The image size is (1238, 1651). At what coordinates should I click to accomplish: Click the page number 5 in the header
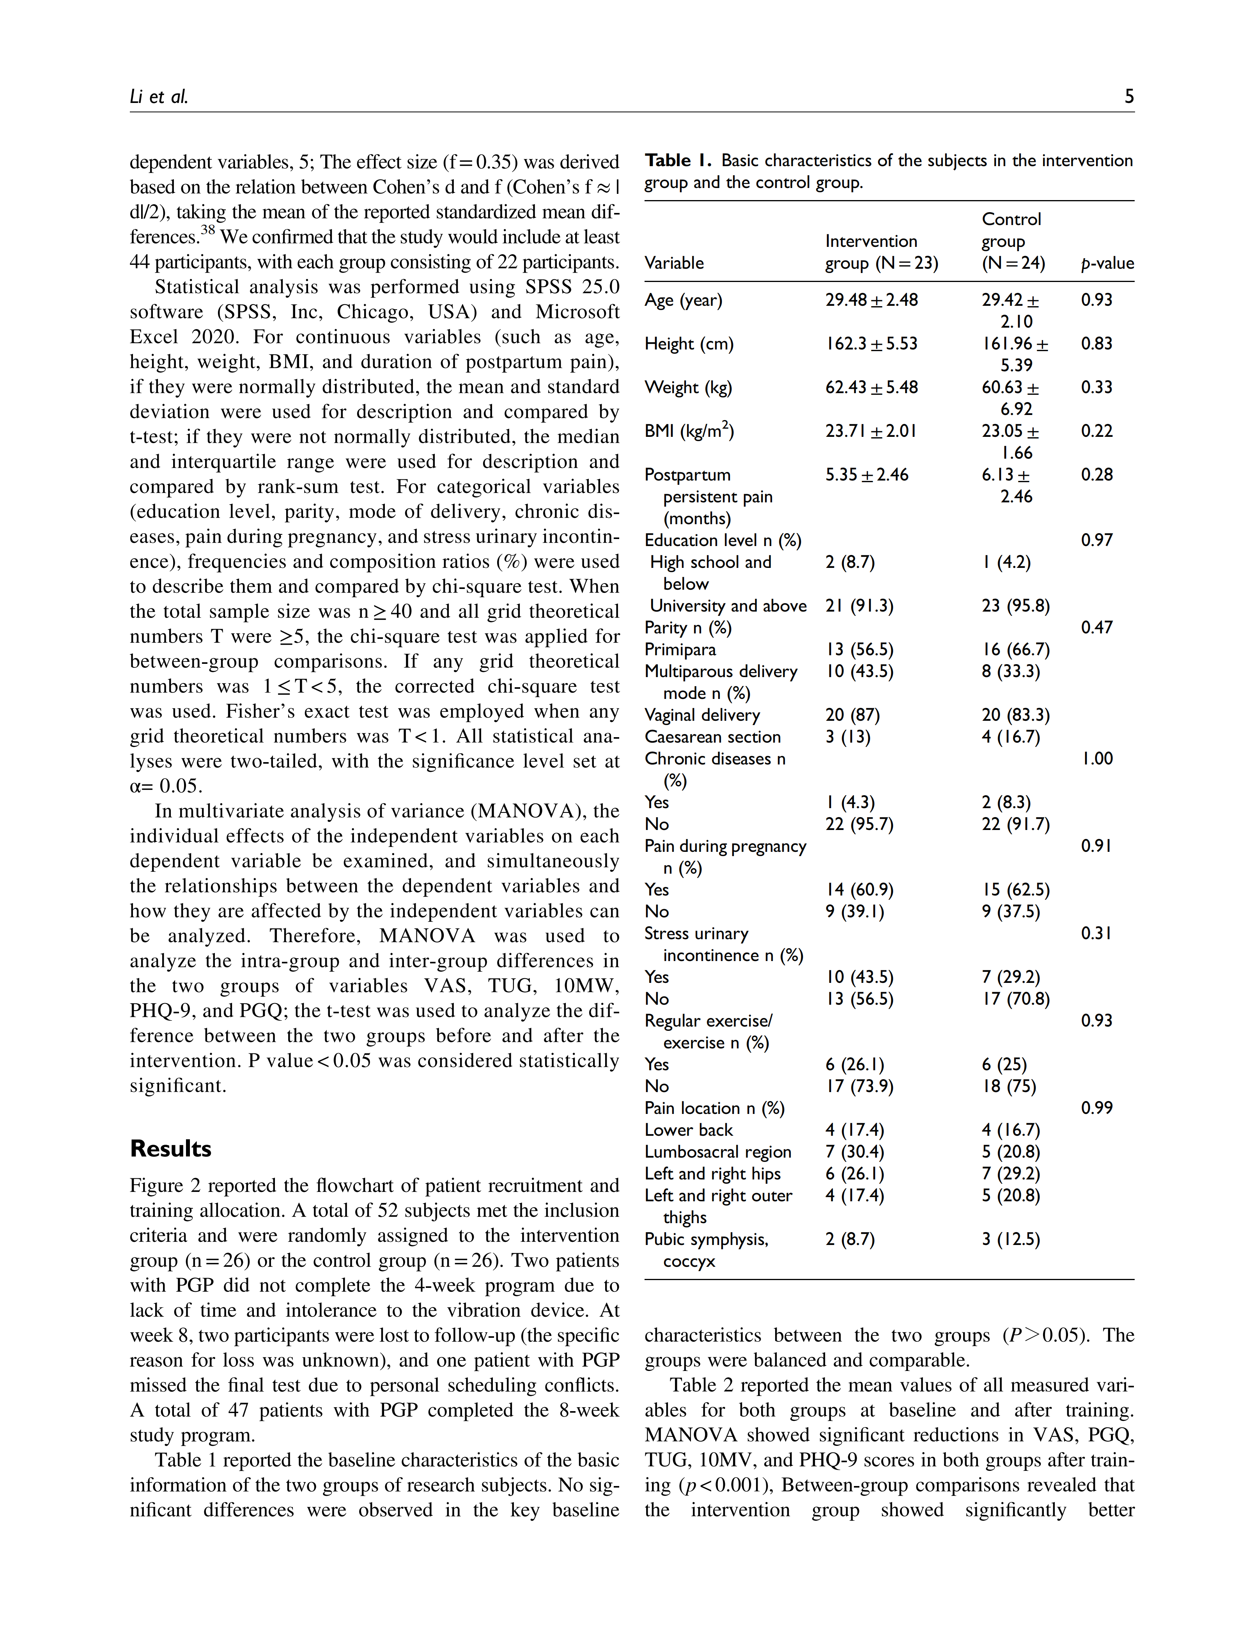1128,96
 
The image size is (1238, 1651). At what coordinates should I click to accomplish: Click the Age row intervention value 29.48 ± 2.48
871,300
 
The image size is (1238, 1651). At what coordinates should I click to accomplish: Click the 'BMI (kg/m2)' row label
689,431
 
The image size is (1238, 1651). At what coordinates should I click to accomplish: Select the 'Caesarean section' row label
712,738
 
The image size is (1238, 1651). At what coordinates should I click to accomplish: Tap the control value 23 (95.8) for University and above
1015,606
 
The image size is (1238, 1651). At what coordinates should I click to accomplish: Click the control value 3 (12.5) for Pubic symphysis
1010,1240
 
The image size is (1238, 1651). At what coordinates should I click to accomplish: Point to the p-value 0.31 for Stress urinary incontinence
1095,934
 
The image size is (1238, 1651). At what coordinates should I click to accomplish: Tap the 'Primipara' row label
680,650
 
